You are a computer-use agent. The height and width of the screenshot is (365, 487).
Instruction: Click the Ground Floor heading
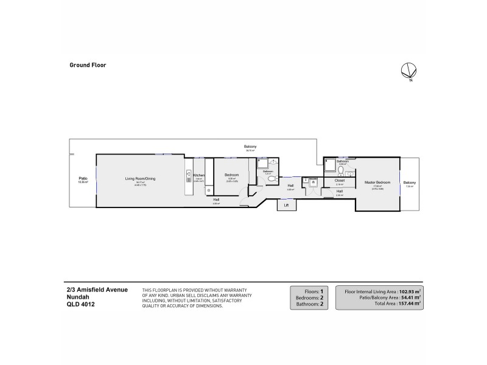88,64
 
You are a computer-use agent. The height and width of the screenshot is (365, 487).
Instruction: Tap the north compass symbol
407,71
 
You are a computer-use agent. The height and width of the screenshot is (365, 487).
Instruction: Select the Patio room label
82,178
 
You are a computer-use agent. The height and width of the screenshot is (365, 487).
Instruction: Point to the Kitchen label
199,175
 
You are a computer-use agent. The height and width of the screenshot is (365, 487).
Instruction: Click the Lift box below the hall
286,204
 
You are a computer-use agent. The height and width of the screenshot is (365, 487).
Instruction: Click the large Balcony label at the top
250,147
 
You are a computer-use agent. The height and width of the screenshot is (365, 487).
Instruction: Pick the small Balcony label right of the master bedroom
409,183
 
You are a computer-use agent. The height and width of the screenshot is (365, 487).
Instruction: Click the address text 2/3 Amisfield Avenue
97,290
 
